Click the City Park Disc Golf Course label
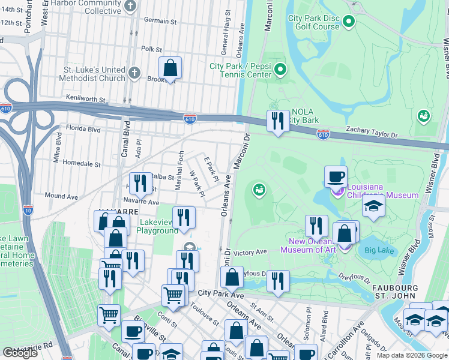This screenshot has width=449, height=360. pos(313,23)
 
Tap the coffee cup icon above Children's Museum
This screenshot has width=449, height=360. pos(336,176)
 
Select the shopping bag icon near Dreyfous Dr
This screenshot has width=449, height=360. pos(231,277)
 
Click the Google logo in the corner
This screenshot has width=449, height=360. pos(20,353)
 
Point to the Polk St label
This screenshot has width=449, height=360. pos(151,49)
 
